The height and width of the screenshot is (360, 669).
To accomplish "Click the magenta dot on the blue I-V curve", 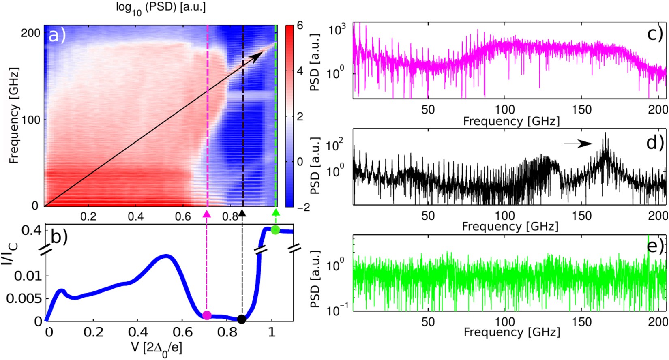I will [207, 315].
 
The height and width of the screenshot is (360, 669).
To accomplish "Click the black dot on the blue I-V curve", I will [242, 319].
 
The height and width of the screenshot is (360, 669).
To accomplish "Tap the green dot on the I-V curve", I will [275, 230].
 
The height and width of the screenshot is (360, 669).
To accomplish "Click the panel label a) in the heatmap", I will [57, 36].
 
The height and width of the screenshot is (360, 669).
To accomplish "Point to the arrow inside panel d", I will [578, 143].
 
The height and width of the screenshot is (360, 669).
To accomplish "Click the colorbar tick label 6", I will [300, 26].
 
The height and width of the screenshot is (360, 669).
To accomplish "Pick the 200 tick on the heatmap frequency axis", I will [31, 33].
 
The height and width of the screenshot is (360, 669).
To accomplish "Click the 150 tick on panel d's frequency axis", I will [582, 216].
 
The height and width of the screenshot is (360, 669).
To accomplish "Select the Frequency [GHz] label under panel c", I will [511, 121].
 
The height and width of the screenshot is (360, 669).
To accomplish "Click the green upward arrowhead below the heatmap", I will [276, 212].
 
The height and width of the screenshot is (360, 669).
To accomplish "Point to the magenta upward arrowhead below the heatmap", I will [207, 212].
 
